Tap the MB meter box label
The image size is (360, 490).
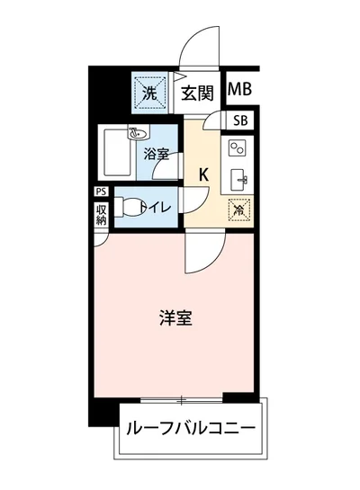pos(239,89)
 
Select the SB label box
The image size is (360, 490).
pos(241,121)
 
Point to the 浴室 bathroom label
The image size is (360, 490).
pos(157,154)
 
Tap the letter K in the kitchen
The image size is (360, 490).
pos(204,173)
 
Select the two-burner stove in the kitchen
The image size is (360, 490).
pos(238,147)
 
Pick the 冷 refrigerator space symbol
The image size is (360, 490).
pos(238,209)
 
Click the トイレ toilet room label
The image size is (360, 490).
pos(159,207)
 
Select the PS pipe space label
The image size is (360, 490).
pos(101,191)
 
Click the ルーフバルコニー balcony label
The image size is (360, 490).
pos(190,428)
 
